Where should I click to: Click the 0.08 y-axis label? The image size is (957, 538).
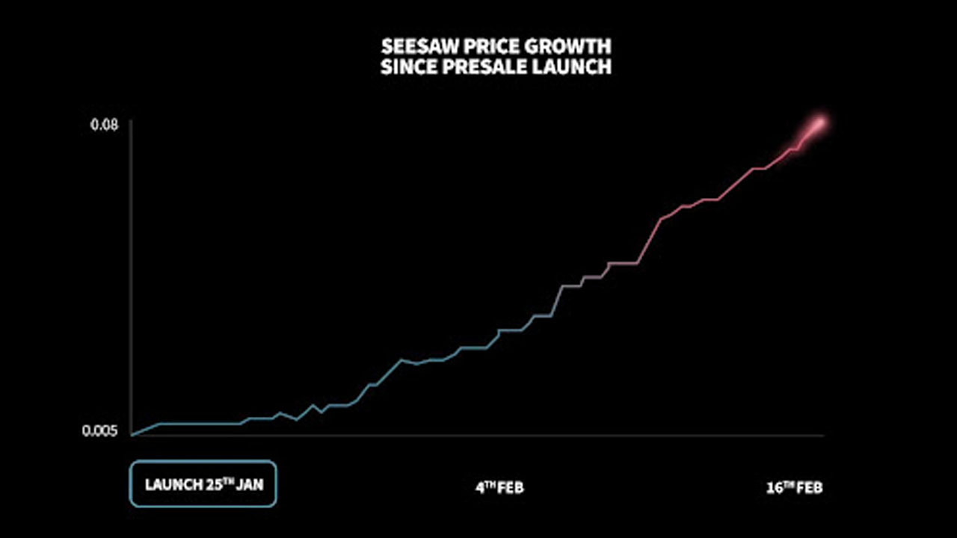[x=105, y=125]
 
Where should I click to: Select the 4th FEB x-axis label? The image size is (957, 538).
[x=500, y=488]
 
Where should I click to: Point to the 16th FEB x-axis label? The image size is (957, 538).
[x=794, y=488]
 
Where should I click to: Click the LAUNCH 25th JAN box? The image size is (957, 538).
[x=203, y=484]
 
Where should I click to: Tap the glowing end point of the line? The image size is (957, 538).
[x=820, y=123]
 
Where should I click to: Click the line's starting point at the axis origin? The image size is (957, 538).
[x=132, y=434]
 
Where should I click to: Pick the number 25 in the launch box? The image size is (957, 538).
[x=213, y=484]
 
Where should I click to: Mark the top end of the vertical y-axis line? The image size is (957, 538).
[x=132, y=120]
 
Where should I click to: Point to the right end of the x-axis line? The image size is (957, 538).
[x=823, y=435]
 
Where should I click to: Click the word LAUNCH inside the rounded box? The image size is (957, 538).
[x=173, y=484]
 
